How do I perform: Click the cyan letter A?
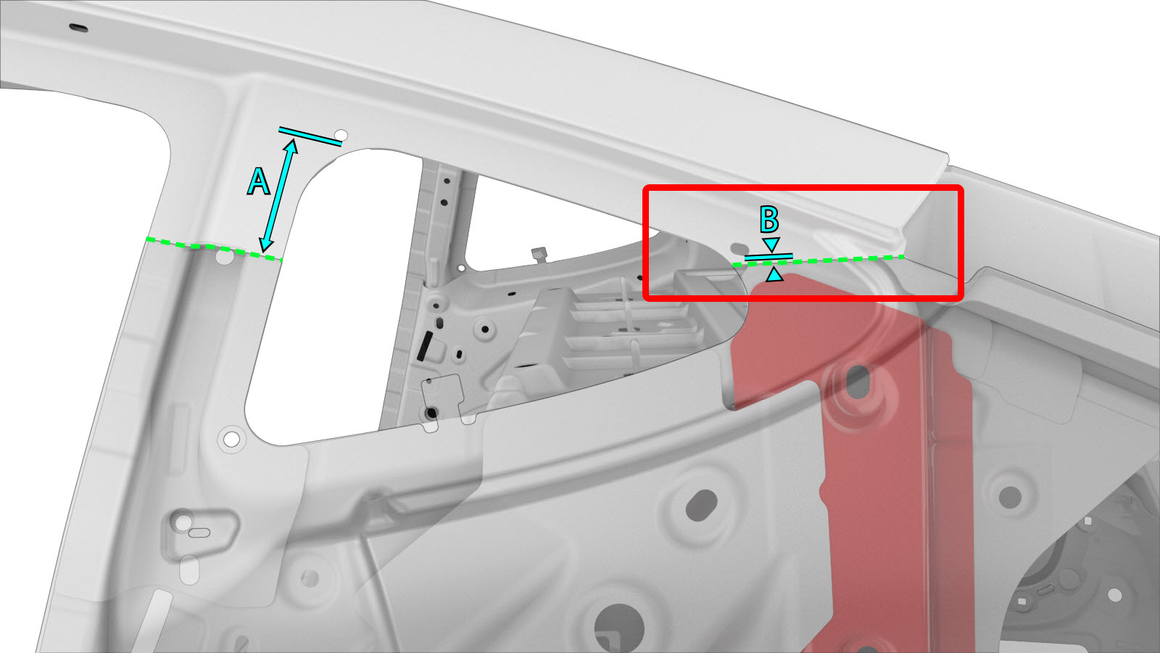(x=258, y=181)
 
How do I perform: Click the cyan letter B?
(x=769, y=219)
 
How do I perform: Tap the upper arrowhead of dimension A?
(x=291, y=146)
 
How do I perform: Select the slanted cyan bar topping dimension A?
(x=310, y=136)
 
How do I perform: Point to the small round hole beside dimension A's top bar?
(x=341, y=135)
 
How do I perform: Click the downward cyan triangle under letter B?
(x=771, y=245)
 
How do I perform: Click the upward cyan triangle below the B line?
(x=774, y=274)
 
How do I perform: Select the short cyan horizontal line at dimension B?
(x=768, y=256)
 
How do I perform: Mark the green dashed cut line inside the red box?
(x=819, y=260)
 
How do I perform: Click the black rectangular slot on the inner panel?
(x=425, y=346)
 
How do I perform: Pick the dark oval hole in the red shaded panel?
(x=858, y=382)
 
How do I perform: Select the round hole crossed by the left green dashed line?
(x=224, y=256)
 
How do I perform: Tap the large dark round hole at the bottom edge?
(x=619, y=628)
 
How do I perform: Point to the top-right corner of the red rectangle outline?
(x=961, y=188)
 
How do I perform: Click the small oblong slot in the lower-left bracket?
(x=199, y=533)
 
